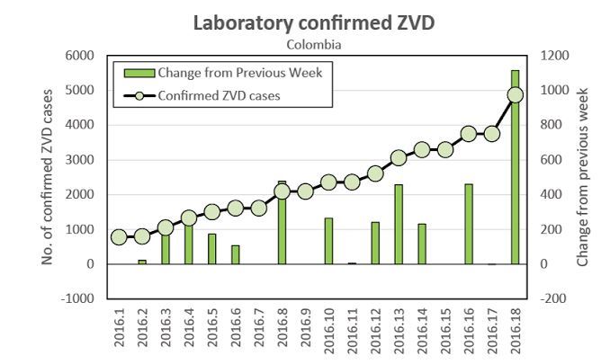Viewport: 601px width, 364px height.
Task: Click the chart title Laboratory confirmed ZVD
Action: point(314,23)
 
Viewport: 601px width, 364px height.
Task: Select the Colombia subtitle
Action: point(314,43)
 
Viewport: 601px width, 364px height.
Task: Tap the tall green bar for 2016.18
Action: point(516,167)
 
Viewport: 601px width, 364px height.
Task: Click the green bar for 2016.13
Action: point(399,225)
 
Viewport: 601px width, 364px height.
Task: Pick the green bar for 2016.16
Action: point(469,225)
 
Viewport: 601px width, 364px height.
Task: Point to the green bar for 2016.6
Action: point(235,254)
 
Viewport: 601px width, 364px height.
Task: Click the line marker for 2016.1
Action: point(119,237)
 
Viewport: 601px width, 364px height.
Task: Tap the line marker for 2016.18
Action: point(516,94)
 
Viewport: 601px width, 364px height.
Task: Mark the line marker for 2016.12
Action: point(375,173)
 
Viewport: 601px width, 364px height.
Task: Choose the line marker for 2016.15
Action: point(445,149)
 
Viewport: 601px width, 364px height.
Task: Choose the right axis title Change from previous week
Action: point(582,177)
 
